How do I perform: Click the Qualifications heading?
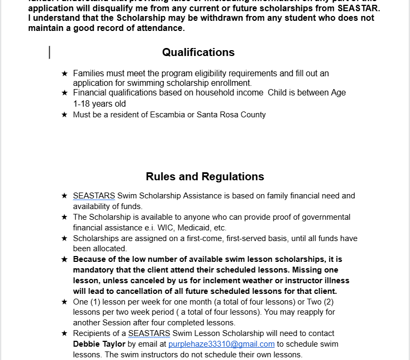(x=198, y=52)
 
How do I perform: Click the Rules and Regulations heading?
(x=205, y=177)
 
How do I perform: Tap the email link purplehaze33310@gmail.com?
(x=221, y=345)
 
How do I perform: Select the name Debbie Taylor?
(x=99, y=345)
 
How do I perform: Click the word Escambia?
(x=166, y=115)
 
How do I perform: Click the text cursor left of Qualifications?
(x=50, y=52)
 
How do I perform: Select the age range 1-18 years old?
(x=99, y=104)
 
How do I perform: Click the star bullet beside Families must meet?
(x=65, y=73)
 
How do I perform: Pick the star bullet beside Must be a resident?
(x=65, y=115)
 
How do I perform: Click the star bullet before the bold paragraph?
(x=65, y=260)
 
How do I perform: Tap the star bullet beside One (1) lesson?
(x=65, y=302)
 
